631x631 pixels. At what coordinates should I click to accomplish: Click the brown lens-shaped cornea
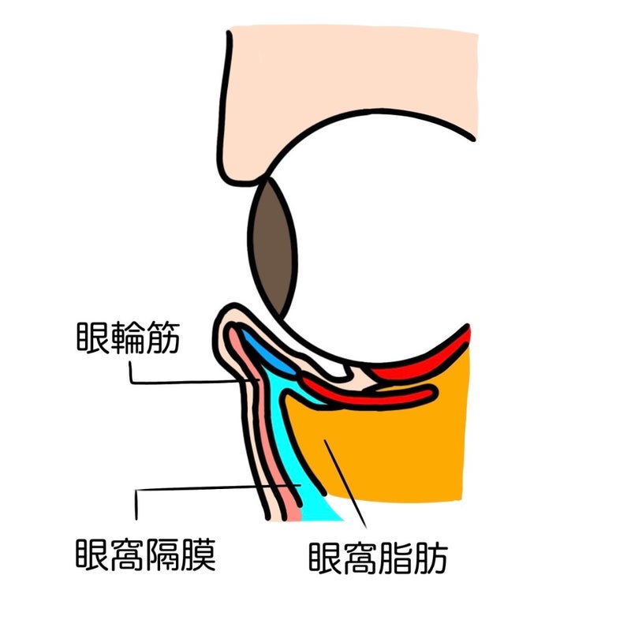coord(272,247)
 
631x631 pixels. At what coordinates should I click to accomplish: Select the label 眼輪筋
coord(129,338)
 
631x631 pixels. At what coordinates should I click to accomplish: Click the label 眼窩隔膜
coord(146,554)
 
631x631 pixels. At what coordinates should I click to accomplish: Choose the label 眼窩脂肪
coord(379,558)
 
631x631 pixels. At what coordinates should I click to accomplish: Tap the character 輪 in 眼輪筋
coord(129,338)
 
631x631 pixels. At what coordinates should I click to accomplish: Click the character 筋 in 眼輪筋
coord(163,338)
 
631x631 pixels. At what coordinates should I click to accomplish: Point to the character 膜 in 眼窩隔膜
coord(199,554)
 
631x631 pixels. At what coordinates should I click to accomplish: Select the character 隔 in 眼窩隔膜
coord(163,554)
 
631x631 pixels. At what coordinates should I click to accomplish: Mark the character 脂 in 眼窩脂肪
coord(396,558)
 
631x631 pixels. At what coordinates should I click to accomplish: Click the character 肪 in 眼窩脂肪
coord(431,558)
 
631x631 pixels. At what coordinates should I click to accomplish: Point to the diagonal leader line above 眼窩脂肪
coord(345,484)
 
